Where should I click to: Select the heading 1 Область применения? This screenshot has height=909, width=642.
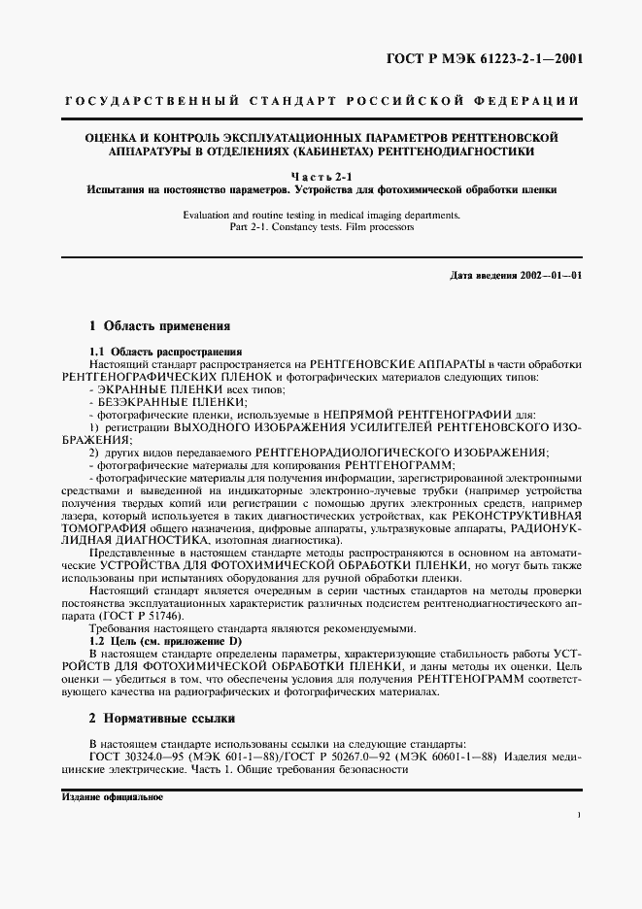(x=159, y=327)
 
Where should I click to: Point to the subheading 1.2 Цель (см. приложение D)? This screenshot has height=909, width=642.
(x=165, y=642)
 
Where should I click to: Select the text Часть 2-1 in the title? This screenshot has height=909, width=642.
(x=320, y=175)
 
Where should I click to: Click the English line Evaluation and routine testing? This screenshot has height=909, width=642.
(x=320, y=213)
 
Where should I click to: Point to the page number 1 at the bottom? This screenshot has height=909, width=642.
(x=578, y=815)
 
